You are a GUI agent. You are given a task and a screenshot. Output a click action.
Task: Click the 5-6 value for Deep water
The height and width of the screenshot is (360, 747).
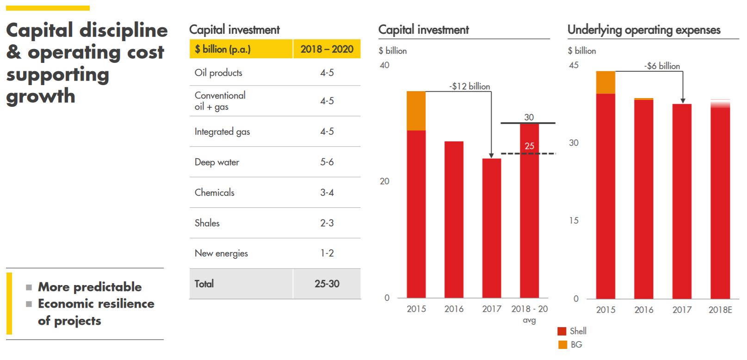point(327,162)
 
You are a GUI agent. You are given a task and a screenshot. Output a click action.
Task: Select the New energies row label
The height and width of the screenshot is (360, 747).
point(221,253)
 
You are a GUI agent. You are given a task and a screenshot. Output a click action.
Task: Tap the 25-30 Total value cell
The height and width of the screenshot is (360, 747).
point(327,284)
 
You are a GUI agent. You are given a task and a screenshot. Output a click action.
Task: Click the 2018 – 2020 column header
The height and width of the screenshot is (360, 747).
point(327,49)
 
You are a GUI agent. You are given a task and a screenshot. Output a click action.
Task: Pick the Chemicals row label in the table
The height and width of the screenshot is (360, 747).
point(214,192)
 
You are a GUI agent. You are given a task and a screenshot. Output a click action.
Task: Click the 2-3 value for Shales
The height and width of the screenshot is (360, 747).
point(327,223)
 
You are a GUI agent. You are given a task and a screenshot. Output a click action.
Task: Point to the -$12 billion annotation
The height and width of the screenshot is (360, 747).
point(469,86)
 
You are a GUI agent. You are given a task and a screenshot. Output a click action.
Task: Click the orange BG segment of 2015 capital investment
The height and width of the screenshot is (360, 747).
point(416,111)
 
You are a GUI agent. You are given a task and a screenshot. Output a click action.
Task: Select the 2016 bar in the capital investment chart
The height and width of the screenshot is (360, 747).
point(454,219)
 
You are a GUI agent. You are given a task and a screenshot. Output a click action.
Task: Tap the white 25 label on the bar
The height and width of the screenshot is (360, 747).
point(529,146)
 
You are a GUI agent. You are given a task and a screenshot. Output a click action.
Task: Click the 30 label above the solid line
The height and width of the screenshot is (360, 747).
point(529,117)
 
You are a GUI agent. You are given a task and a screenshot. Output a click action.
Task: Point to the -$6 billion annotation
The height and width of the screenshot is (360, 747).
point(662,66)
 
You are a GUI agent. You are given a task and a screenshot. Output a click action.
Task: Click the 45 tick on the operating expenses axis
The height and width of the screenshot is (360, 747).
point(574,65)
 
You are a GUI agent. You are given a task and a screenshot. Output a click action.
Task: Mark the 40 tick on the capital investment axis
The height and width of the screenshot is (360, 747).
point(384,65)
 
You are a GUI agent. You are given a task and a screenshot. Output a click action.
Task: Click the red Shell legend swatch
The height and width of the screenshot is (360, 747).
point(562,331)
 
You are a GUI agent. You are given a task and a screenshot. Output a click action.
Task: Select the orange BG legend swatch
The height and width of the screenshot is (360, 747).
point(562,345)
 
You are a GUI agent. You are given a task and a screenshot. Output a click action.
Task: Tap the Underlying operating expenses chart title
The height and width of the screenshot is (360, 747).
point(643,30)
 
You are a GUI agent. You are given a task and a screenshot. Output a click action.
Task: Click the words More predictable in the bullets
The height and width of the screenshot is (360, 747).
point(90,287)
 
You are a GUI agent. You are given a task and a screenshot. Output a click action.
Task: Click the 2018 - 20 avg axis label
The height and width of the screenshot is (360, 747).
point(529,314)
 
